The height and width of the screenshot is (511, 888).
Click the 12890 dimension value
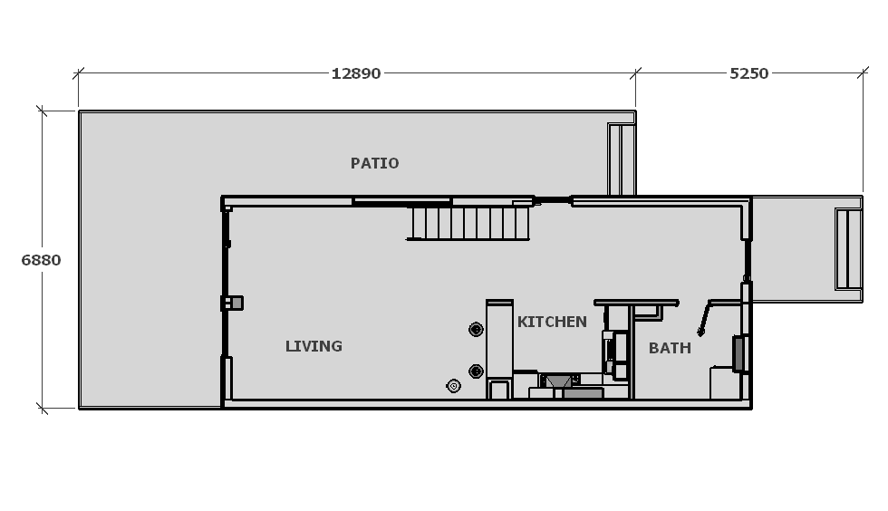(355, 73)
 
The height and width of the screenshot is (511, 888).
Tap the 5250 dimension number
(748, 73)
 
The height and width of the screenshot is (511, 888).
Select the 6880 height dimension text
(41, 260)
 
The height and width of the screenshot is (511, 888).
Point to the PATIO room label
(374, 163)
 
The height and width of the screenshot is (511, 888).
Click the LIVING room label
(314, 346)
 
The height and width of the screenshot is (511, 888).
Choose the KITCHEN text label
(552, 322)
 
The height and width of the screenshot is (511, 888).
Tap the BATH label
(670, 348)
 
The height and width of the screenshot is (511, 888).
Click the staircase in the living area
(468, 223)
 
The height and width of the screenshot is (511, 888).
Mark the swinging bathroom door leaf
(704, 319)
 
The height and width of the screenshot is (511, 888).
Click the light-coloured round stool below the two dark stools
(453, 386)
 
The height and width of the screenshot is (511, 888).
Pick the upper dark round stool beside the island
(476, 329)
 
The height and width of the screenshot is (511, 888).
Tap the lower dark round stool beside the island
(476, 371)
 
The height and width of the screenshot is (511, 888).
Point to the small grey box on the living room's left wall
(232, 304)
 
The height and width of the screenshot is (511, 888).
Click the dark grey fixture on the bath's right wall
(738, 354)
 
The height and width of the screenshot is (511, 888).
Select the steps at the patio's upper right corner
(622, 159)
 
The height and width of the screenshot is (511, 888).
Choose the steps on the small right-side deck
(848, 249)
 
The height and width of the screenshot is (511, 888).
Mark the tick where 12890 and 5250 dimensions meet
(635, 73)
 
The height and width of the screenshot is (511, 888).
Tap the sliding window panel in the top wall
(401, 201)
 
